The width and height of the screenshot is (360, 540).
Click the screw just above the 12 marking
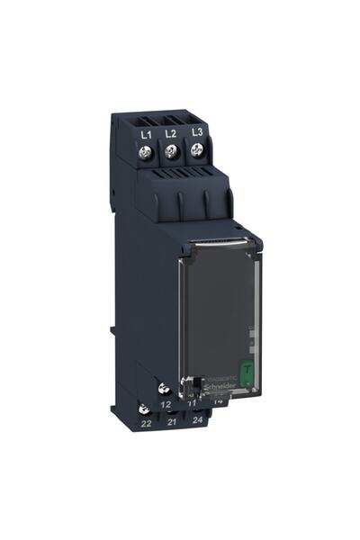click(164, 389)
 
